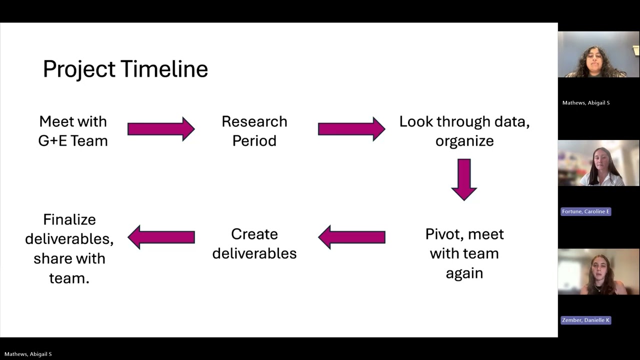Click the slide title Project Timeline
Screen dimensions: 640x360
(125, 69)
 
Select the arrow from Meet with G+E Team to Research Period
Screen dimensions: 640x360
(161, 129)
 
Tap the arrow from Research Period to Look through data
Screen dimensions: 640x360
(351, 129)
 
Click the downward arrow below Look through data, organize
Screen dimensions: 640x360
(464, 179)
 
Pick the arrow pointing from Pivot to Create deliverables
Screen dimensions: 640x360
(351, 237)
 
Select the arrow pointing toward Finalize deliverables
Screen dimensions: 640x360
(161, 237)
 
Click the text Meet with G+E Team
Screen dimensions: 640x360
(73, 131)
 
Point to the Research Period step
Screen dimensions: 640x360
(254, 131)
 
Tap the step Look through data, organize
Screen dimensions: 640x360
(464, 131)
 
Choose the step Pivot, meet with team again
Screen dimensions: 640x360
(464, 253)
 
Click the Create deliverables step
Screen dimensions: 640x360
(254, 243)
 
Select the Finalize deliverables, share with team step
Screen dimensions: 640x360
(69, 249)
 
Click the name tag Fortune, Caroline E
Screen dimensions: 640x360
(585, 211)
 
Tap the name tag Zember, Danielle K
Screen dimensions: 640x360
(585, 320)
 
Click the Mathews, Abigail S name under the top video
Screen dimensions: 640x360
(586, 103)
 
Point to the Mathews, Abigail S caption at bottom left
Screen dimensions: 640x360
(28, 354)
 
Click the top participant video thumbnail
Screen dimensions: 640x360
(598, 54)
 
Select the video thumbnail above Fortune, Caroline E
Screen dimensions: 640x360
(598, 163)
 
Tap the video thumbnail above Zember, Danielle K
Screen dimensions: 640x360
(598, 271)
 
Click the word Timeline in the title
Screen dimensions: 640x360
(164, 69)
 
